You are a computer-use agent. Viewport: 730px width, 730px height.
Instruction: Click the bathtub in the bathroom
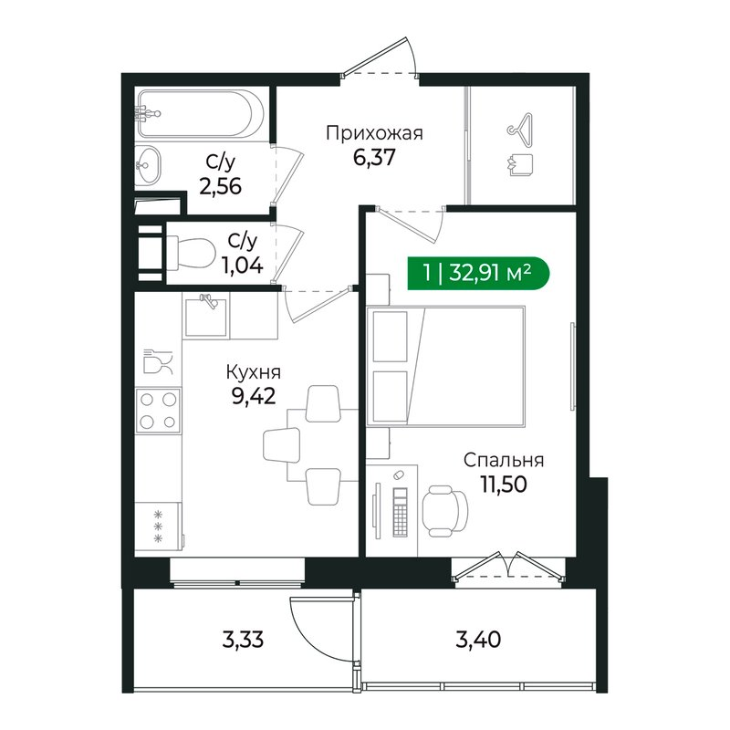point(201,115)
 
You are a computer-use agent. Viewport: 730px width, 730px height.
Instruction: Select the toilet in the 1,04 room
point(182,252)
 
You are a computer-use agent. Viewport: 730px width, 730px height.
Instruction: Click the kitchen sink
point(206,314)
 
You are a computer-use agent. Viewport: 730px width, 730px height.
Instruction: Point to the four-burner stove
point(159,410)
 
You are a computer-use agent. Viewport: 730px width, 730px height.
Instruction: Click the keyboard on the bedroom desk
point(400,511)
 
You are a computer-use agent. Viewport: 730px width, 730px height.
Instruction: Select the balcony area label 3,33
point(242,639)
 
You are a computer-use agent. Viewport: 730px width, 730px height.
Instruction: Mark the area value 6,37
point(374,158)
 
